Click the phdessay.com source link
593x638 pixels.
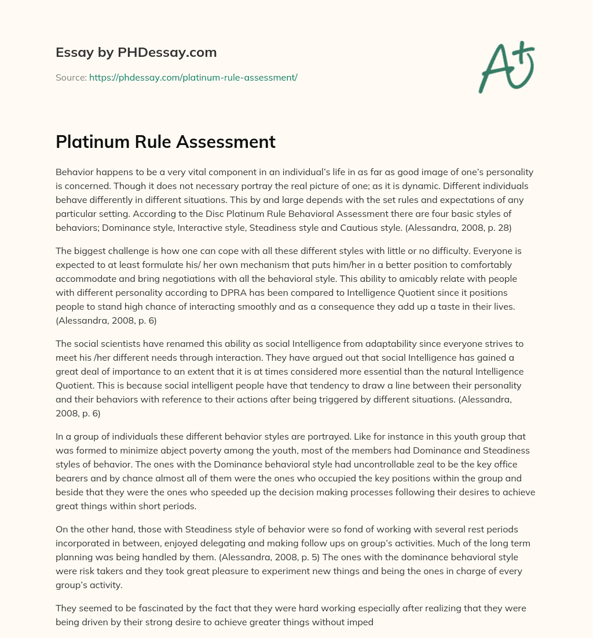[x=193, y=77]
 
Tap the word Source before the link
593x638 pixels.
[x=71, y=77]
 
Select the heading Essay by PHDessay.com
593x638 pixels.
[x=136, y=53]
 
